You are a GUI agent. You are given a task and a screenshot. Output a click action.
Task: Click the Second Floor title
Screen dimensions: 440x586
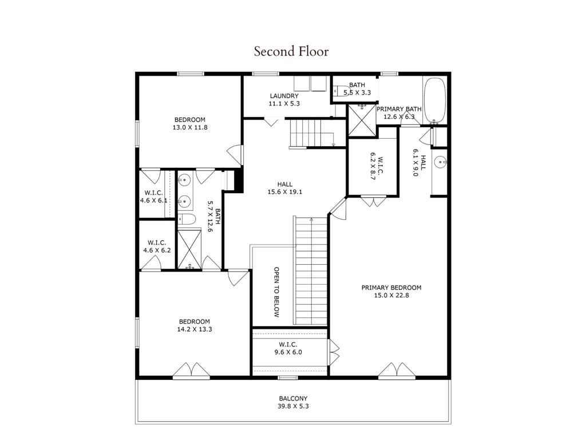tap(291, 52)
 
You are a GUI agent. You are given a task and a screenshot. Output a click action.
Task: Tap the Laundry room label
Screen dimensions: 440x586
tap(284, 96)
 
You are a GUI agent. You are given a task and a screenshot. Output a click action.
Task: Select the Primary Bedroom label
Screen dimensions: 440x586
tap(391, 288)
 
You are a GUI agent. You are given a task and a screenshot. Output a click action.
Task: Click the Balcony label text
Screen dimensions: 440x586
tap(293, 398)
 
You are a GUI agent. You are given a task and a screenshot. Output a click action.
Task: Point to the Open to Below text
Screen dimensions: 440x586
tap(276, 292)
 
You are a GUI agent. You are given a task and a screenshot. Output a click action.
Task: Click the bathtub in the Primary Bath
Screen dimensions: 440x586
tap(435, 100)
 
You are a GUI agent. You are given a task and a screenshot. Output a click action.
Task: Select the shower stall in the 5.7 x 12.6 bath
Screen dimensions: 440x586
tap(189, 249)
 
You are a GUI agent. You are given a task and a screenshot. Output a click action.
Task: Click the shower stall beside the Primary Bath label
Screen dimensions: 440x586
tap(361, 119)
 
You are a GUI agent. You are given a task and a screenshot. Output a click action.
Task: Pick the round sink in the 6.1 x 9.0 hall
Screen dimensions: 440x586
tap(441, 162)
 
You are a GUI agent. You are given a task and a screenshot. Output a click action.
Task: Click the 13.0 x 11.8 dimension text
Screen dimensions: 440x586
tap(189, 127)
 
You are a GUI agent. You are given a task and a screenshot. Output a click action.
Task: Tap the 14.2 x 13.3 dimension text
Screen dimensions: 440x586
tap(195, 329)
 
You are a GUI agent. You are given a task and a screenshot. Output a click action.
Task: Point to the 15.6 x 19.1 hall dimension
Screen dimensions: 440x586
tap(285, 192)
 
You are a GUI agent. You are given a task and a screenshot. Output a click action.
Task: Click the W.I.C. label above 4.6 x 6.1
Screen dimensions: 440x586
tap(153, 192)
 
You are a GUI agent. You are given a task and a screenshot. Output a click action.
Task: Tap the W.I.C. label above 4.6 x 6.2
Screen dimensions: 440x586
tap(157, 242)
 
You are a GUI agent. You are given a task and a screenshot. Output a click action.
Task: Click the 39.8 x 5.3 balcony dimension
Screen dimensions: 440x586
tap(293, 406)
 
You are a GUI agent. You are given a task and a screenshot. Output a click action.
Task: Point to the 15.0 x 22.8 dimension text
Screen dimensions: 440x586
tap(391, 296)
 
